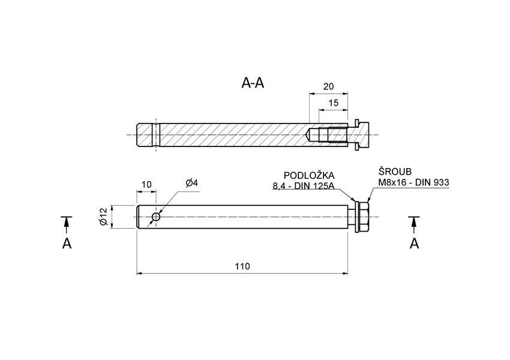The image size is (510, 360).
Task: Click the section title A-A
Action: (x=253, y=83)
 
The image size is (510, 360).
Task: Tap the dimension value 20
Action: (x=328, y=86)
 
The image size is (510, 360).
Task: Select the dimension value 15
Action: (x=334, y=103)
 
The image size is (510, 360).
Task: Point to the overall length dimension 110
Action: (x=242, y=266)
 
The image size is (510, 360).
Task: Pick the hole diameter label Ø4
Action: (x=192, y=183)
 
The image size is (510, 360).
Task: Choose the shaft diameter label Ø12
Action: (x=103, y=217)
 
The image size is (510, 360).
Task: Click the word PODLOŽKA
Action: (x=309, y=176)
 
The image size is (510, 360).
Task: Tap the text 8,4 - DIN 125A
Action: (x=303, y=187)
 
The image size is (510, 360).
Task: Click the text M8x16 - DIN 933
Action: (x=413, y=182)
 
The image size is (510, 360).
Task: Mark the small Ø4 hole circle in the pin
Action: (x=157, y=217)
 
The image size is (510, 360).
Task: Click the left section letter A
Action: (x=67, y=243)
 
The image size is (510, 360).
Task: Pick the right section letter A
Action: (x=413, y=243)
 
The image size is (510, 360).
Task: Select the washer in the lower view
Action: (x=356, y=217)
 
